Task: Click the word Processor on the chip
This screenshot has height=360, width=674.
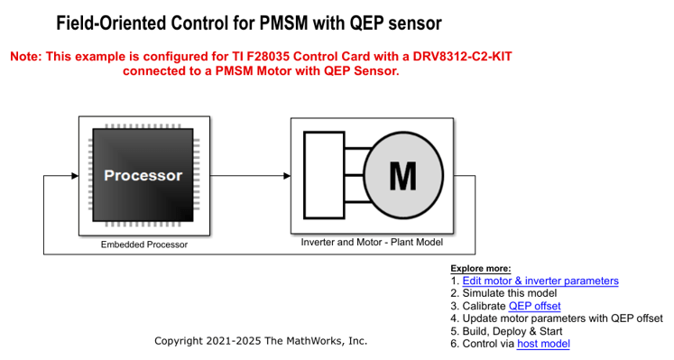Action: coord(143,176)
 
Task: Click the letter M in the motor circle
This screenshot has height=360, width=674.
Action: coord(402,176)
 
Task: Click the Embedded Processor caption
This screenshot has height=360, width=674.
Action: coord(143,245)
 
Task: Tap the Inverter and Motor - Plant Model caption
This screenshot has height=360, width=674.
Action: coord(372,243)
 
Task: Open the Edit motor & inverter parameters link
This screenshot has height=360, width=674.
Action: coord(540,281)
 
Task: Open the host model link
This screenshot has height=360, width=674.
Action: coord(543,344)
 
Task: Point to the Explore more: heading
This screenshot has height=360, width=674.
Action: coord(480,268)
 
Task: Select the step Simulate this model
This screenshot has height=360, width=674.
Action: coord(509,293)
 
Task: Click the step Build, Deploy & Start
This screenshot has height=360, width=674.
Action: coord(512,331)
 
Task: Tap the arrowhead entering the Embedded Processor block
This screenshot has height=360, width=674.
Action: coord(73,176)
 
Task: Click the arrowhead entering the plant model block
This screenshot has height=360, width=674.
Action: coord(284,176)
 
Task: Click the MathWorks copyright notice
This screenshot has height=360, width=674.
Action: coord(261,341)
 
